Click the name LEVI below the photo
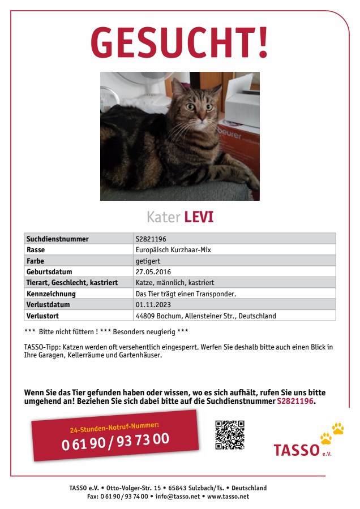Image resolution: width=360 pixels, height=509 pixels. pyautogui.click(x=199, y=217)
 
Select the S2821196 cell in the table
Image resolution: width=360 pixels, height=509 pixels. pyautogui.click(x=151, y=239)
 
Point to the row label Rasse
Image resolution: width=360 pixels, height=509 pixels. pyautogui.click(x=36, y=249)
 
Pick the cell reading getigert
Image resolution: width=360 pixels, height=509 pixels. pyautogui.click(x=148, y=261)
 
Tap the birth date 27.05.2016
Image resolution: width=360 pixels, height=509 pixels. pyautogui.click(x=153, y=271)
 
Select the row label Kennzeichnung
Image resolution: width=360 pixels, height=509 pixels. pyautogui.click(x=51, y=294)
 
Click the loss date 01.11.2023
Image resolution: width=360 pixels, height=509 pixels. pyautogui.click(x=153, y=304)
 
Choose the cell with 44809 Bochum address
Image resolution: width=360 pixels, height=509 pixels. pyautogui.click(x=206, y=316)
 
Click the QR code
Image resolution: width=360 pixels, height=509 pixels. pyautogui.click(x=230, y=435)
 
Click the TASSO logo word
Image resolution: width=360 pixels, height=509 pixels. pyautogui.click(x=297, y=450)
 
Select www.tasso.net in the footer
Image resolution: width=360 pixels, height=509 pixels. pyautogui.click(x=228, y=497)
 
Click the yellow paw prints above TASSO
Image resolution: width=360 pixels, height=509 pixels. pyautogui.click(x=332, y=433)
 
